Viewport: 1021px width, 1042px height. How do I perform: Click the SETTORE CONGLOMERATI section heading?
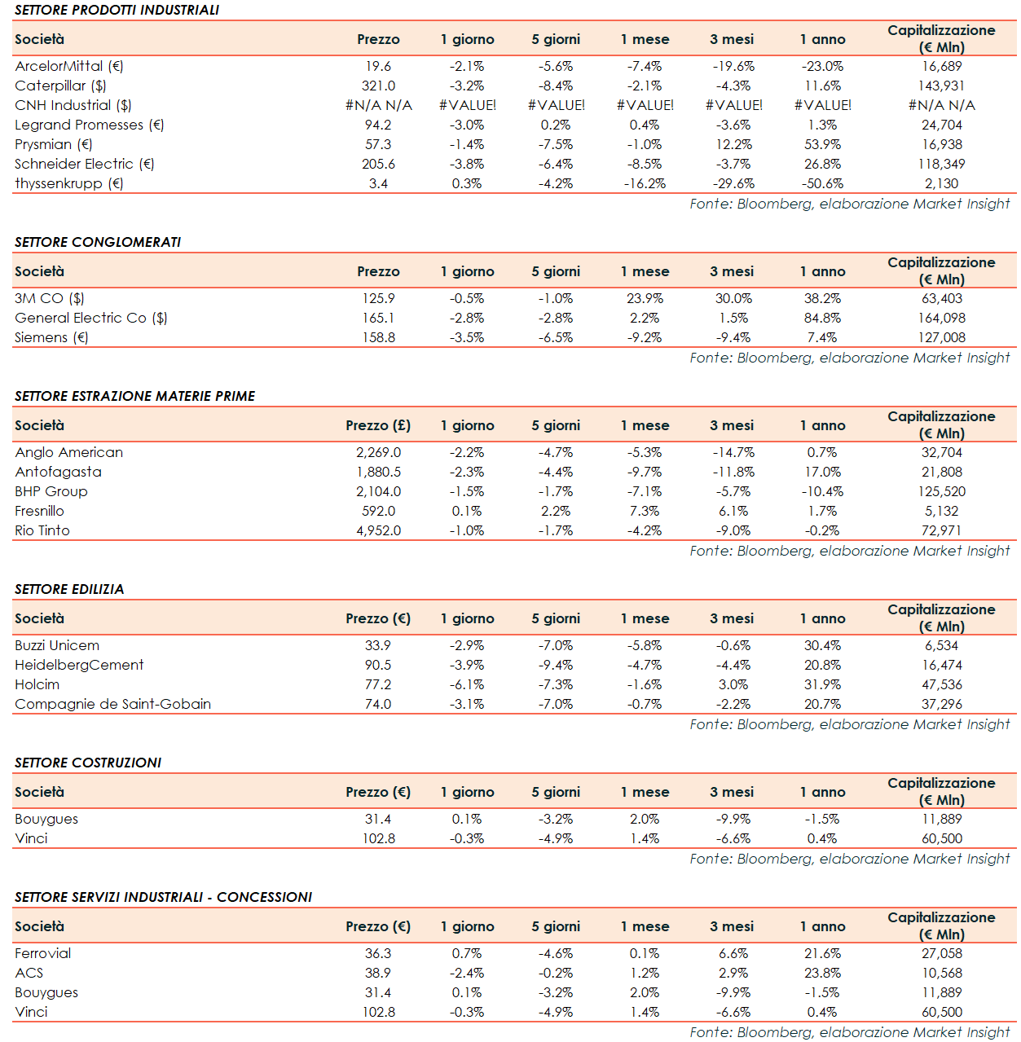tap(98, 242)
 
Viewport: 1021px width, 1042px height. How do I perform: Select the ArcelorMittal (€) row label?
tap(69, 66)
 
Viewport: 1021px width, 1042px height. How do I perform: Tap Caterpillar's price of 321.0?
tap(378, 86)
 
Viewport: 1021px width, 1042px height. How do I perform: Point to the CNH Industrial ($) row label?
tap(73, 105)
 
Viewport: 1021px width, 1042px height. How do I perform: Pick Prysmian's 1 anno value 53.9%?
tap(822, 144)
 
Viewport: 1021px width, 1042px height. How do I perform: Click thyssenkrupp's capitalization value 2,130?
tap(941, 183)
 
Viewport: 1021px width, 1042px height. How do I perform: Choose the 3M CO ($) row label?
tap(50, 298)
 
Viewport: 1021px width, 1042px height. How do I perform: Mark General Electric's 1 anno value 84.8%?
tap(822, 318)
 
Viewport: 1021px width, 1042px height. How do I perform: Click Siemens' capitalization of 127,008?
tap(941, 337)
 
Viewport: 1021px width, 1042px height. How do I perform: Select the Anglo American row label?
tap(69, 452)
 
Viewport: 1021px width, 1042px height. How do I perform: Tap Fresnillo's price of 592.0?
tap(378, 511)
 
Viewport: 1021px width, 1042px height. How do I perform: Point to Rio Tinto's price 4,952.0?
tap(378, 530)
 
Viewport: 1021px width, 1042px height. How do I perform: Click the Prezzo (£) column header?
tap(378, 425)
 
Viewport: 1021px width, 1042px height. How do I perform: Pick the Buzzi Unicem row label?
tap(57, 645)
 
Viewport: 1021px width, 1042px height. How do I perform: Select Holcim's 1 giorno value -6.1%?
tap(467, 684)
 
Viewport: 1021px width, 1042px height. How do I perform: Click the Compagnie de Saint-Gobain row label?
tap(113, 704)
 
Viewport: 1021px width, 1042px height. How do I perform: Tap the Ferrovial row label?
tap(43, 953)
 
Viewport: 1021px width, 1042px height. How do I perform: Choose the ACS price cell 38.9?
tap(378, 973)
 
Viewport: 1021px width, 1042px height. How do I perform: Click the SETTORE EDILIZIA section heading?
tap(69, 589)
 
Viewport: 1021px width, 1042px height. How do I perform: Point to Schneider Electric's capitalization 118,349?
tap(941, 164)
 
